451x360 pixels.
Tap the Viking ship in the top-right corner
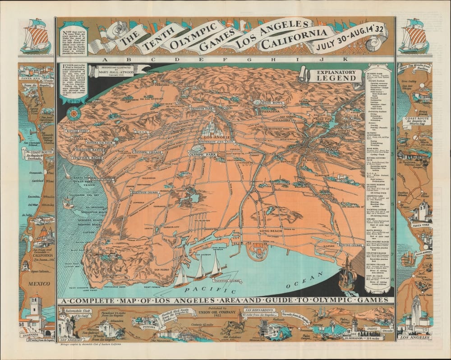414,36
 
